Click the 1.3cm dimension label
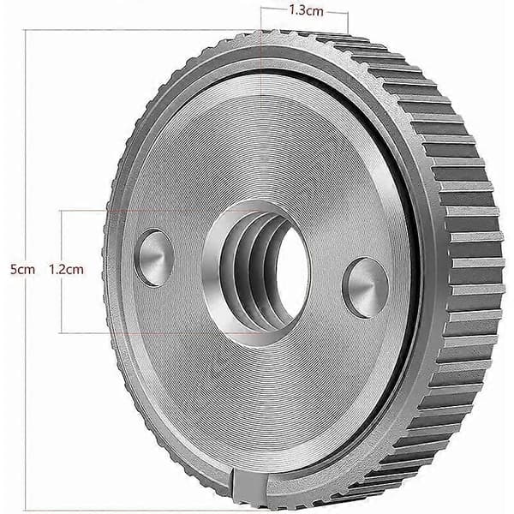pyautogui.click(x=306, y=11)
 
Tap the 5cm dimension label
pyautogui.click(x=22, y=270)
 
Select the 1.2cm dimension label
pyautogui.click(x=66, y=270)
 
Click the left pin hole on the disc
pyautogui.click(x=153, y=258)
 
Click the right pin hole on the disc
pyautogui.click(x=366, y=288)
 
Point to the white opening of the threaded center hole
pyautogui.click(x=291, y=272)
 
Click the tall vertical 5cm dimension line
pyautogui.click(x=26, y=269)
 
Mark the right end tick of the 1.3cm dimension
pyautogui.click(x=348, y=22)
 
